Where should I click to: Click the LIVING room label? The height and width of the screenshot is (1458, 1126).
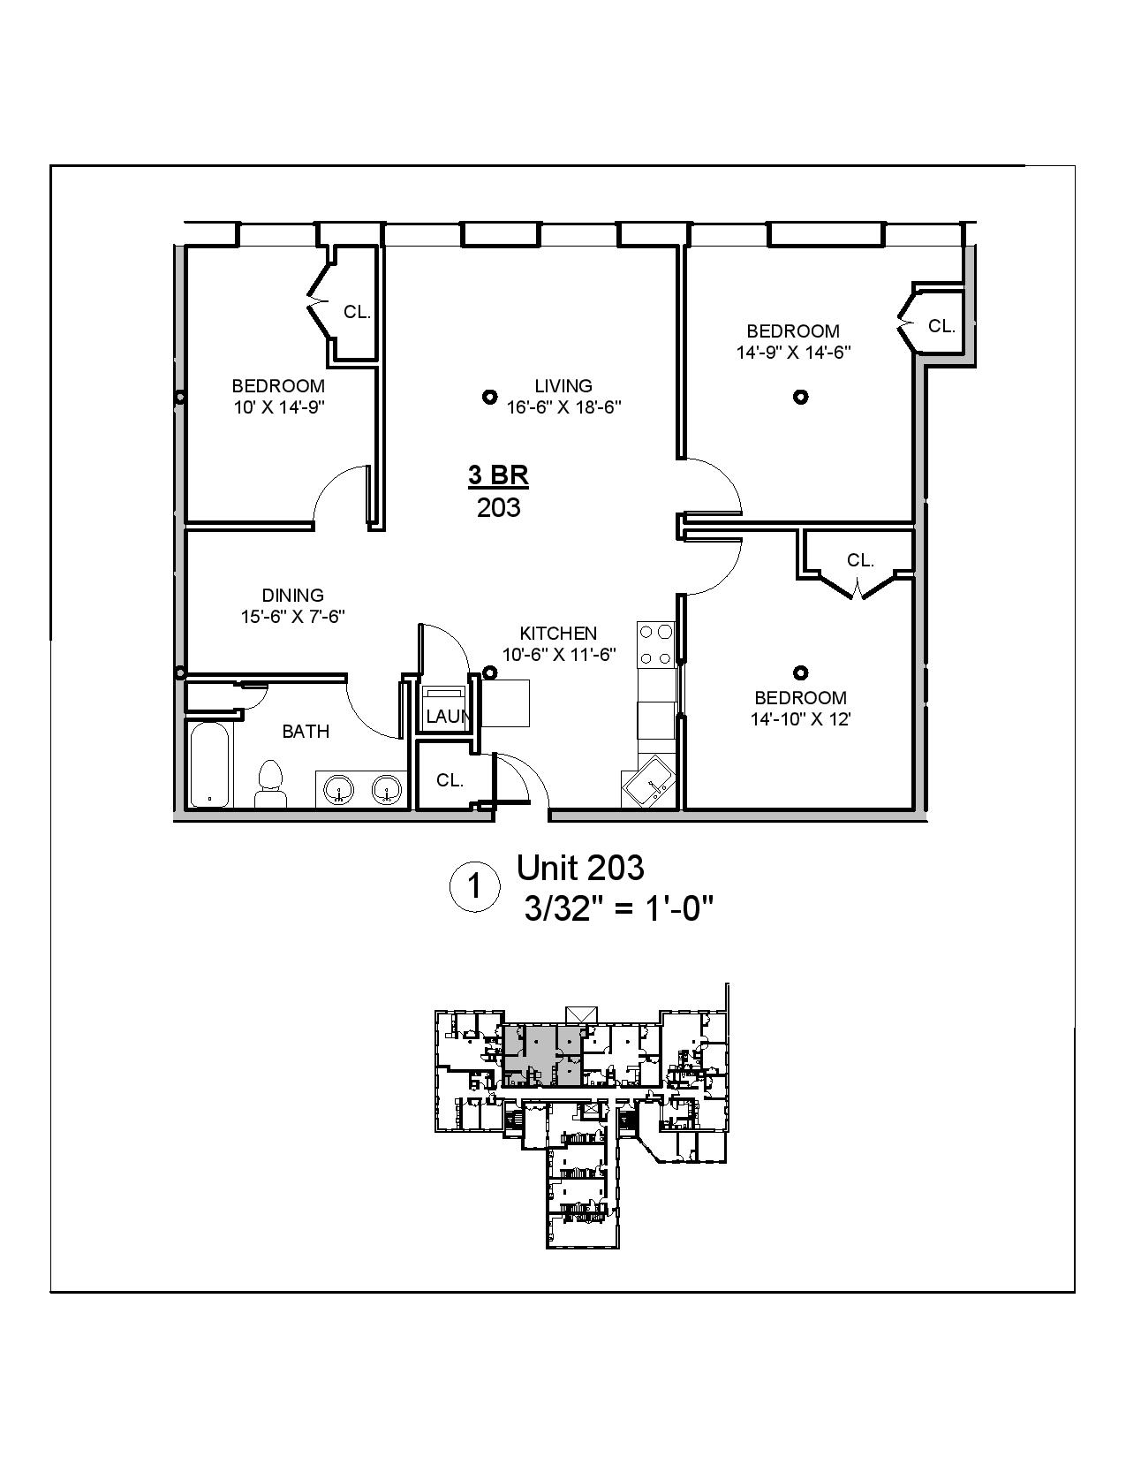tap(563, 386)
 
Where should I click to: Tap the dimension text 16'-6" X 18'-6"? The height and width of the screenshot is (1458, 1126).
tap(563, 407)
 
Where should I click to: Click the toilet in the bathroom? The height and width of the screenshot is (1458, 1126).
tap(270, 784)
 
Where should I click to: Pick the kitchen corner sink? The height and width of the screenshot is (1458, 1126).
tap(650, 780)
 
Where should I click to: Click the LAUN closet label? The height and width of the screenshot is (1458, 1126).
tap(446, 717)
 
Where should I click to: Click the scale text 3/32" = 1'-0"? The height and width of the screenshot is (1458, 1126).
tap(617, 908)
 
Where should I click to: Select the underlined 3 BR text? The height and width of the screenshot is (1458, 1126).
tap(498, 475)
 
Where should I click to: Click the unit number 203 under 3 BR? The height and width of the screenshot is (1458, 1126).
tap(498, 508)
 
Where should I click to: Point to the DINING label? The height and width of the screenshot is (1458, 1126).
tap(292, 596)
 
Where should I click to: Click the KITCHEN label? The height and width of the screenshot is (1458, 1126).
tap(557, 634)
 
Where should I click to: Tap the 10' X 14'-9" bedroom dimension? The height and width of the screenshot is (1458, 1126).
tap(278, 407)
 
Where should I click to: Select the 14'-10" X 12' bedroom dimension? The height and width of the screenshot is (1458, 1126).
tap(800, 719)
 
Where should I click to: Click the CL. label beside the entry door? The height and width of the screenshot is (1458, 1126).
tap(450, 780)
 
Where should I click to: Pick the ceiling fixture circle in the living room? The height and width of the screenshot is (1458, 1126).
tap(488, 397)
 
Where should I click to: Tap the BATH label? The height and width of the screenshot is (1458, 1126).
tap(306, 732)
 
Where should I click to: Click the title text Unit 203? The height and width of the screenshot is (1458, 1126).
tap(580, 868)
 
